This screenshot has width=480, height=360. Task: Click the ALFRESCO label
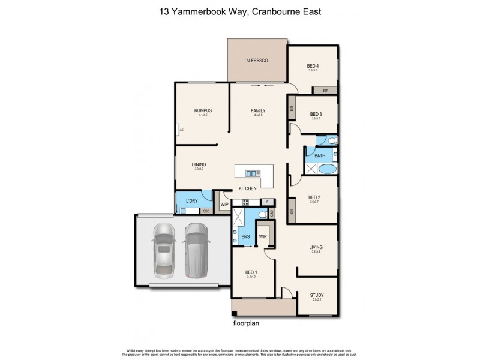pos(256,61)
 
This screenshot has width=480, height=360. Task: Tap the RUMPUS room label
pos(203,110)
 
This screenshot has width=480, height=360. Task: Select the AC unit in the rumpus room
pos(180,129)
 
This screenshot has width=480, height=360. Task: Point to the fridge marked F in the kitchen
pos(268,202)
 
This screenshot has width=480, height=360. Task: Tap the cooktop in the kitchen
pos(246,202)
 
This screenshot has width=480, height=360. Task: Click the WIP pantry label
pos(224,205)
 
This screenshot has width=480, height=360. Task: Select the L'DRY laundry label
pos(192,200)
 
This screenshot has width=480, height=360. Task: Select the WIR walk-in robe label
pos(263,237)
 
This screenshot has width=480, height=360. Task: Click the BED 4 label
pos(313,66)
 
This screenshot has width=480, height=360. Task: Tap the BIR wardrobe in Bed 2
pos(292,211)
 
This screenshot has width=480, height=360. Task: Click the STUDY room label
pos(317,295)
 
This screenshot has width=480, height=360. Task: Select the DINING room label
pos(199,164)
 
